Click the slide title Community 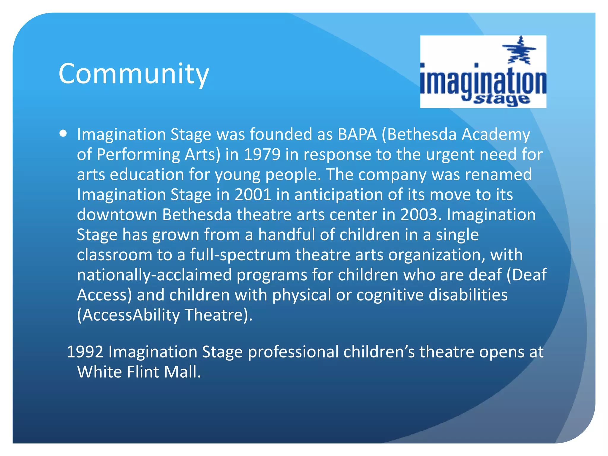tap(134, 74)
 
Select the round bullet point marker tap(63, 134)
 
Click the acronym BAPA tap(357, 134)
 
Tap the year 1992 tap(85, 352)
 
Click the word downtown tap(117, 215)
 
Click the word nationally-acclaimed tap(154, 275)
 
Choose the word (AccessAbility tap(128, 315)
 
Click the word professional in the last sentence tap(293, 352)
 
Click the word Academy tap(495, 134)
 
